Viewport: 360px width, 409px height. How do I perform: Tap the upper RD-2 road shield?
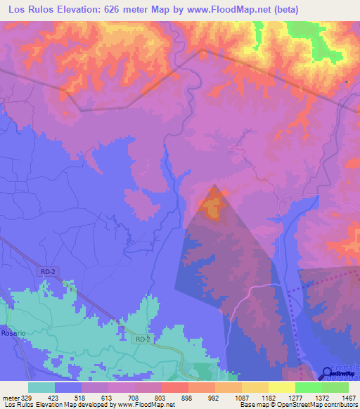(x=46, y=271)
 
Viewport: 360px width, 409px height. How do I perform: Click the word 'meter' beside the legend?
(x=10, y=398)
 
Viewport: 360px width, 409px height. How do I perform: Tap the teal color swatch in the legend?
(x=41, y=387)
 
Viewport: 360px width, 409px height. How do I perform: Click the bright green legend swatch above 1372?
(x=308, y=387)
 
